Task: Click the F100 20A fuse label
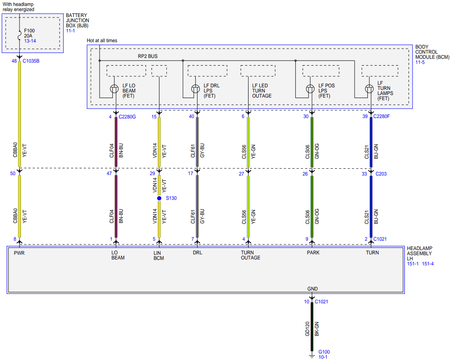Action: coord(29,33)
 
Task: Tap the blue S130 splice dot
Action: coord(159,198)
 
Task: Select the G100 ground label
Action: coord(324,352)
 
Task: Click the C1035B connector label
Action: coord(31,61)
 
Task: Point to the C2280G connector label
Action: coord(127,117)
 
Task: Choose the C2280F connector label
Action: coord(381,116)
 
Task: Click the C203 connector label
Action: coord(381,174)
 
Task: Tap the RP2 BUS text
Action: coord(148,56)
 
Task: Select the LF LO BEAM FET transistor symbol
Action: coord(114,89)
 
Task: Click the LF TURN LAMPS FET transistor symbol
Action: coord(369,89)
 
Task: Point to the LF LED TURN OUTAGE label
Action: coord(262,91)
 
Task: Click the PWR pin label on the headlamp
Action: coord(19,253)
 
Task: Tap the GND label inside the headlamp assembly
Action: coord(312,289)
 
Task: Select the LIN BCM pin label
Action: coord(159,256)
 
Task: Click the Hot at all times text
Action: coord(102,40)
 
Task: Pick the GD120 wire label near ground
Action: coord(307,329)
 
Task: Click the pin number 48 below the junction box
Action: coord(14,61)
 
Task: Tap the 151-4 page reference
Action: coord(428,264)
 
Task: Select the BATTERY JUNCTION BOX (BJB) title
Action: coord(77,20)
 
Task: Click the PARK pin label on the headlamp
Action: coord(313,253)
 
